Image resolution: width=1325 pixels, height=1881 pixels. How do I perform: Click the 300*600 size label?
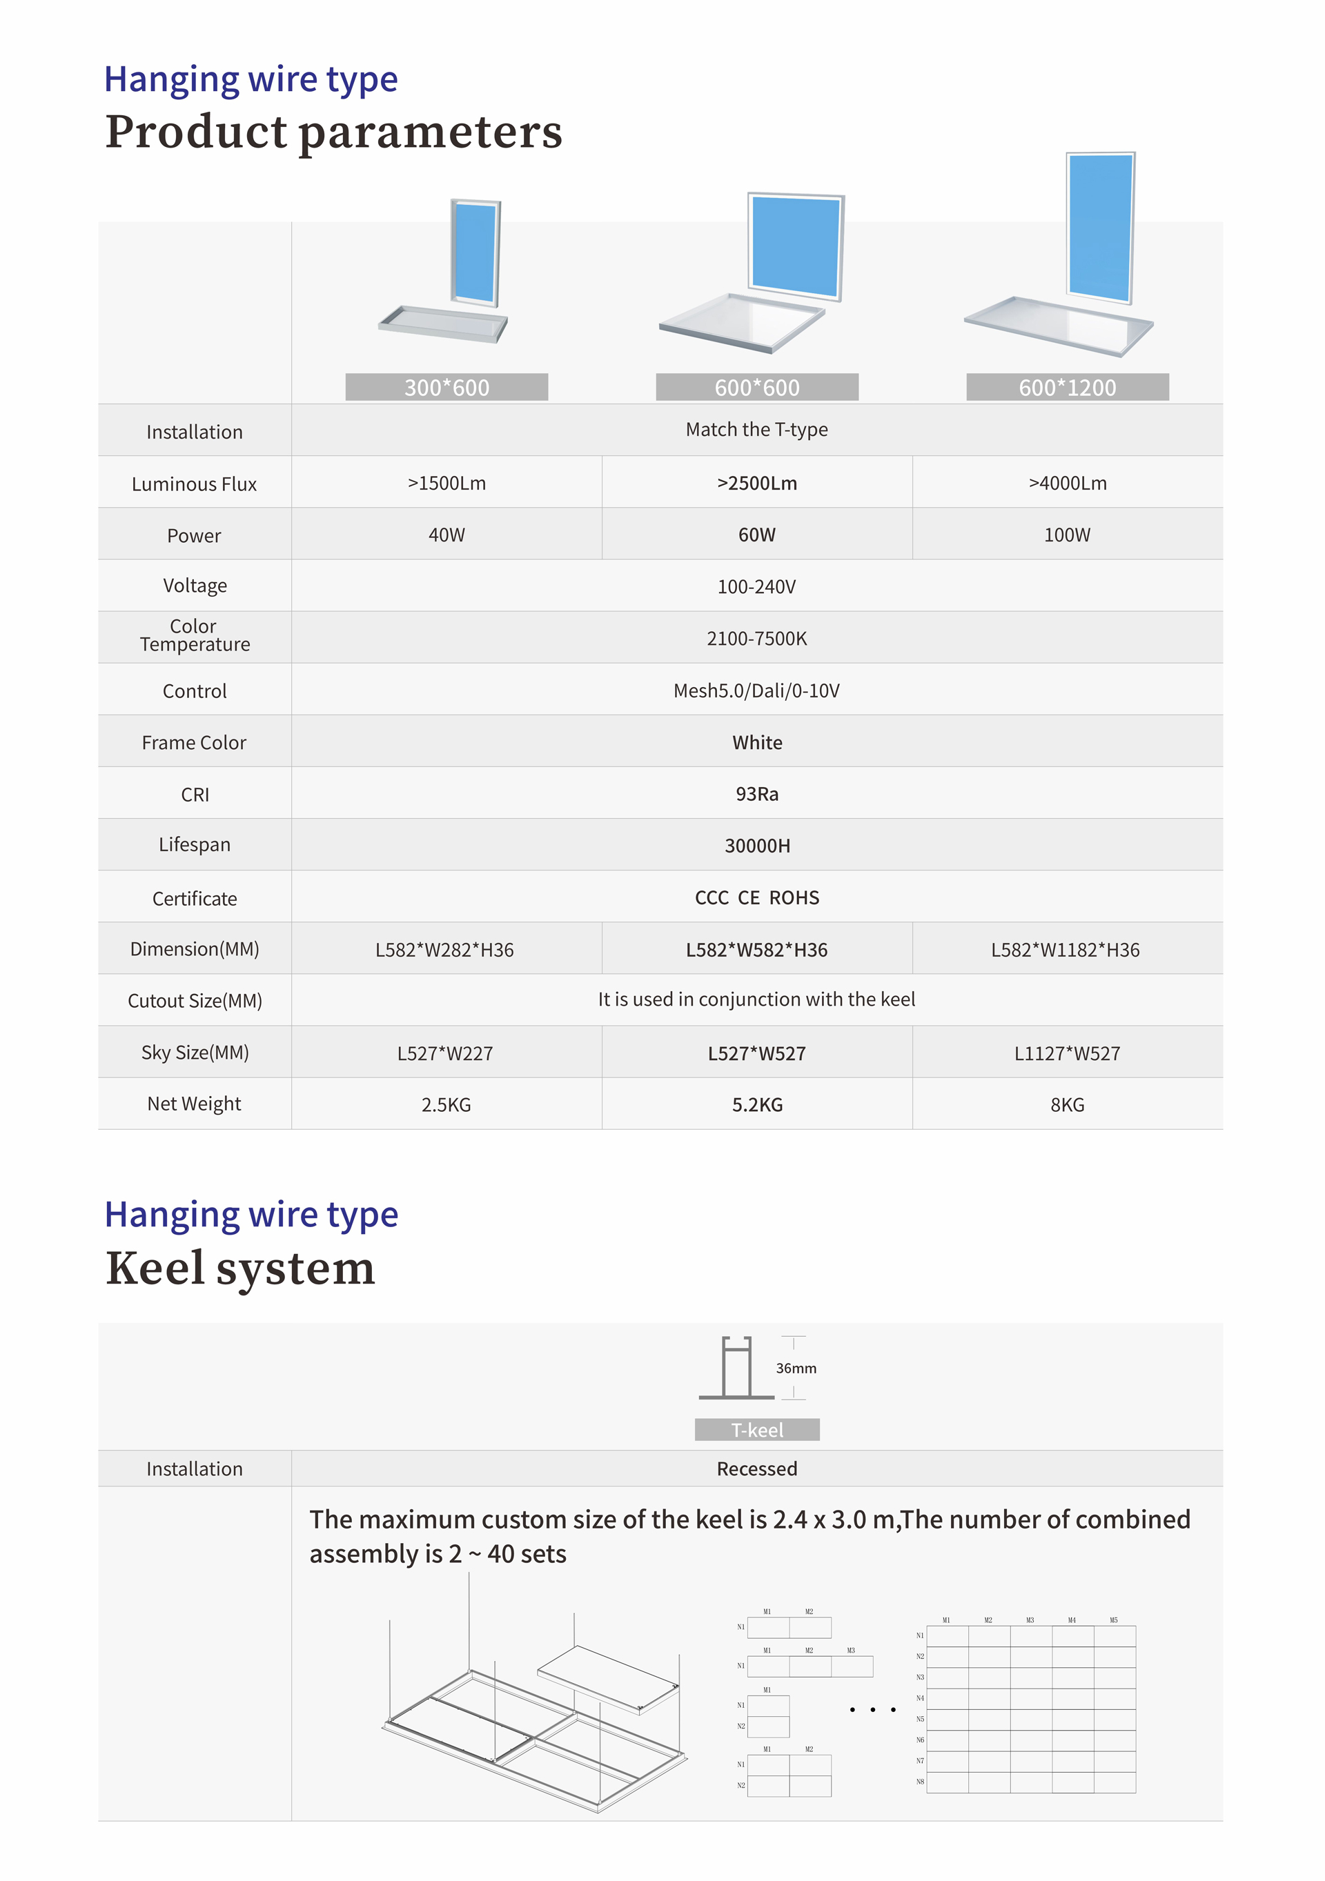446,388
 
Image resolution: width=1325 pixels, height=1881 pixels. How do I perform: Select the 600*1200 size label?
1067,388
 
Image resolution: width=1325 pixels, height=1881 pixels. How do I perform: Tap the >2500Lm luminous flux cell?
756,484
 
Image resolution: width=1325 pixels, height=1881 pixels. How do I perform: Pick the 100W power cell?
1067,535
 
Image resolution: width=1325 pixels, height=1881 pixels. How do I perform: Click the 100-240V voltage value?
756,586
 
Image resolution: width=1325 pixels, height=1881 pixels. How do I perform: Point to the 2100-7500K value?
756,638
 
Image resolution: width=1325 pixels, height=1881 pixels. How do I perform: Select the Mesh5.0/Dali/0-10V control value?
756,690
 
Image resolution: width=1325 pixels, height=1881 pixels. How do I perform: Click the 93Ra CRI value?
756,794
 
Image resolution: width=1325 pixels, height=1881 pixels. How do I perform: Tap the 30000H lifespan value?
756,846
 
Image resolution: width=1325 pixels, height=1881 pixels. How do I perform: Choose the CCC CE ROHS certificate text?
756,898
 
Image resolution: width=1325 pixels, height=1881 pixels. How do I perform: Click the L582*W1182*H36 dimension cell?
1066,950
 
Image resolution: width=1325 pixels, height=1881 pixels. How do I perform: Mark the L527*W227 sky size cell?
445,1053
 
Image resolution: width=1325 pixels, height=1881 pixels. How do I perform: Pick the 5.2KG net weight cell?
756,1105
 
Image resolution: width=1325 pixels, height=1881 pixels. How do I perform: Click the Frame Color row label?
194,742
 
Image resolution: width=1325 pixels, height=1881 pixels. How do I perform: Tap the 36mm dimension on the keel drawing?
796,1368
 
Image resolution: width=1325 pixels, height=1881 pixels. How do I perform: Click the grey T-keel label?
756,1430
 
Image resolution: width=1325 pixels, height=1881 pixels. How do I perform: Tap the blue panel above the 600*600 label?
795,246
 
